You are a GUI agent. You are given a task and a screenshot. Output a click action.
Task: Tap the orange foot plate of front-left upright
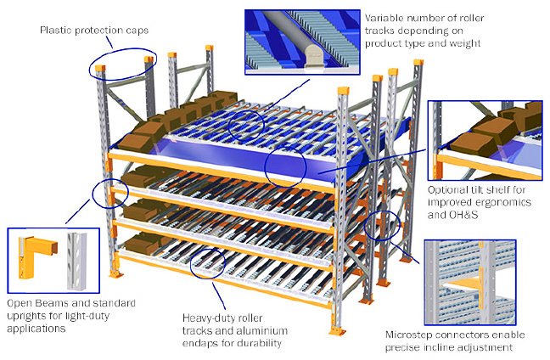click(114, 278)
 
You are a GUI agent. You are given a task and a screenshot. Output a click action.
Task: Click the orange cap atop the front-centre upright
click(342, 92)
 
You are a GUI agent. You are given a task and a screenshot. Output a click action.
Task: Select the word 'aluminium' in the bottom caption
click(287, 330)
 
